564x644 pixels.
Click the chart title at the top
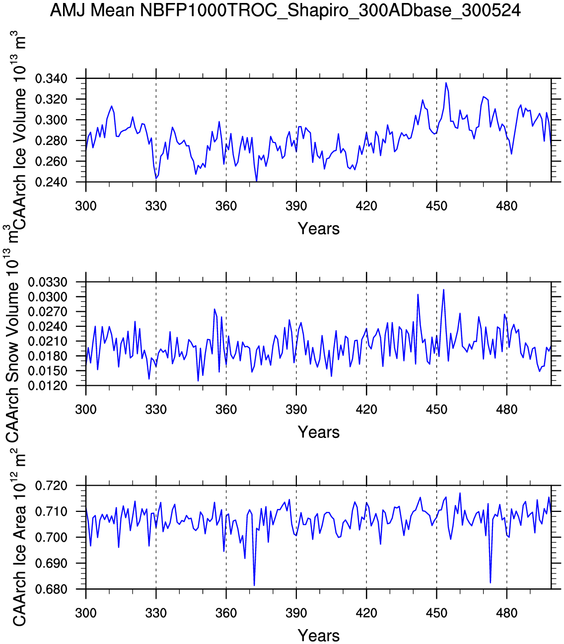285,10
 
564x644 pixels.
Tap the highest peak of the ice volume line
446,83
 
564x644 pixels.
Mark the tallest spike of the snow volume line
443,289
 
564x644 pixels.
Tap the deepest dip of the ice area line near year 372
254,585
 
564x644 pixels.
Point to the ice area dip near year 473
490,582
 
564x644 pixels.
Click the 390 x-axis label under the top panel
296,206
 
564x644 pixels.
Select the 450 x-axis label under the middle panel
436,410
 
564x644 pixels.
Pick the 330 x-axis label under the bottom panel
156,613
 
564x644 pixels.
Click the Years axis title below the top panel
319,229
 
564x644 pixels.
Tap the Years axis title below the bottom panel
319,636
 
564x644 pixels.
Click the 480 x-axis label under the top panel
506,206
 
